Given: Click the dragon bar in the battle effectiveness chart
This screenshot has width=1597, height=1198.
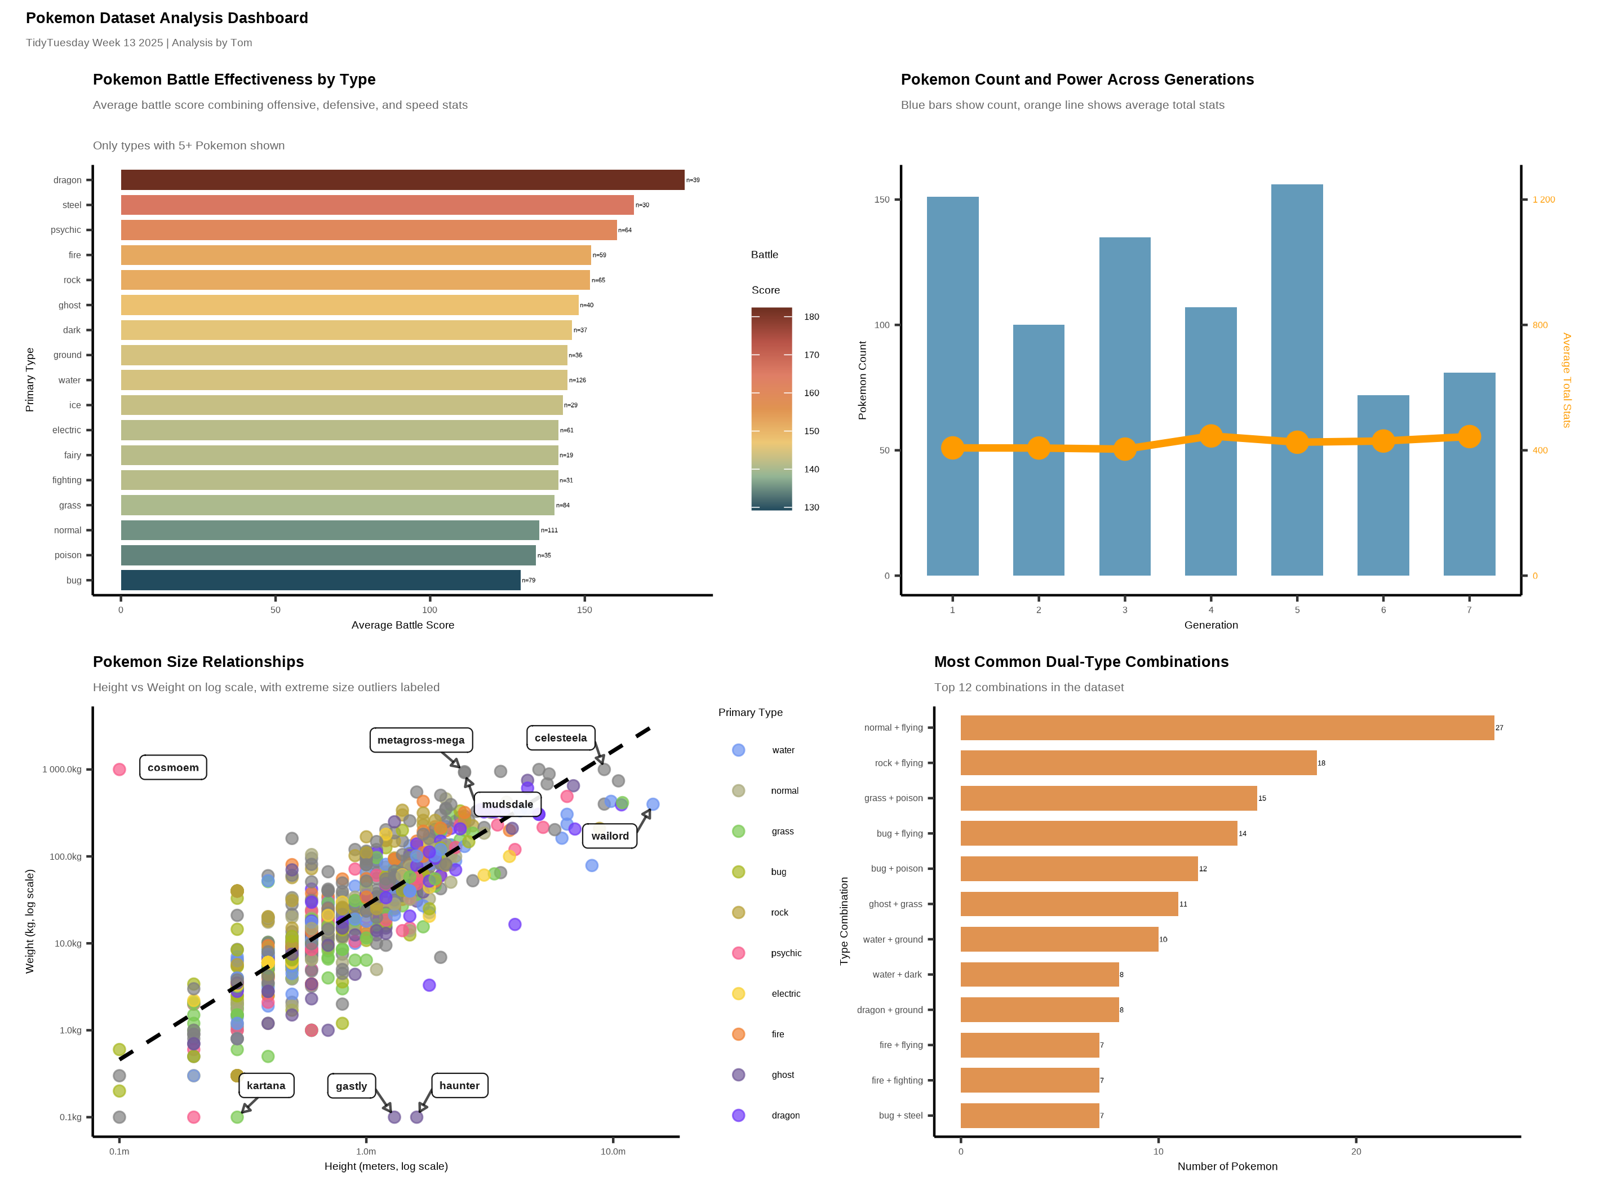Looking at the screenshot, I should click(x=402, y=180).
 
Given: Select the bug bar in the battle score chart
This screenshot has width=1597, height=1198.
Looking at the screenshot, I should click(x=321, y=580).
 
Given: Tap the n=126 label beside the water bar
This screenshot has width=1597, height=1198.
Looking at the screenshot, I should click(x=578, y=381).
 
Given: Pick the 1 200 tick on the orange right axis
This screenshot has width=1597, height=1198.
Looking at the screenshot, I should click(x=1543, y=200).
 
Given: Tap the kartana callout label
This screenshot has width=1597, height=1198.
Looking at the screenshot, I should click(x=265, y=1086).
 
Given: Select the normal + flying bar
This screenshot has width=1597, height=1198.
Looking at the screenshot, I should click(x=1227, y=728).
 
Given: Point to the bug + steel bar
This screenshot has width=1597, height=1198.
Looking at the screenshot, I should click(x=1030, y=1116).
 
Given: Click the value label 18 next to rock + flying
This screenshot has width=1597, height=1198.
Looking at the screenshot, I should click(x=1321, y=763).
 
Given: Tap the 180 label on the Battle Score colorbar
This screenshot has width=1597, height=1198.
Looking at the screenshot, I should click(x=811, y=317).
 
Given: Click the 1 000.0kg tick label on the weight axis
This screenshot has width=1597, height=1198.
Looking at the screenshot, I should click(x=62, y=770).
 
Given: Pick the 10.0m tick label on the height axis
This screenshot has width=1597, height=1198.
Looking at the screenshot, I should click(x=613, y=1152).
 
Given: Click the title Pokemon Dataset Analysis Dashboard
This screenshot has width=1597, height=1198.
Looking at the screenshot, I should click(x=167, y=18).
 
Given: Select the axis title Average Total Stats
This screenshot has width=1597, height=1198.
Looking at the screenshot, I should click(x=1566, y=380).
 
